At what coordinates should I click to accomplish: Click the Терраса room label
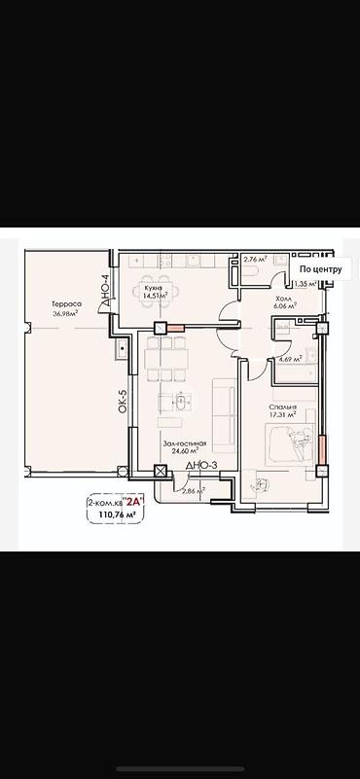(x=67, y=303)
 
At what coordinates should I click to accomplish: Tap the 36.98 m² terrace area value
(x=67, y=312)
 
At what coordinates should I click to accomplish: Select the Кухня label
(x=153, y=288)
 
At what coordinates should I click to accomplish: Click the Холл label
(x=284, y=299)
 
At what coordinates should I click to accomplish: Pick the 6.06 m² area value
(x=285, y=306)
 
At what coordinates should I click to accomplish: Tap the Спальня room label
(x=285, y=407)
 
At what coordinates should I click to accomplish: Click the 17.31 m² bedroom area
(x=284, y=415)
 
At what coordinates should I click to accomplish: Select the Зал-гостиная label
(x=182, y=442)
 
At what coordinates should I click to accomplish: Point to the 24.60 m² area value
(x=183, y=450)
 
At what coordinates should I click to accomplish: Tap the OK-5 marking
(x=123, y=402)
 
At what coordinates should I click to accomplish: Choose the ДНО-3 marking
(x=200, y=468)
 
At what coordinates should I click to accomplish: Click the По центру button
(x=320, y=269)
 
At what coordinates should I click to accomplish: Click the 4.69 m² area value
(x=290, y=359)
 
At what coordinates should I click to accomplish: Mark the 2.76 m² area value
(x=255, y=260)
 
